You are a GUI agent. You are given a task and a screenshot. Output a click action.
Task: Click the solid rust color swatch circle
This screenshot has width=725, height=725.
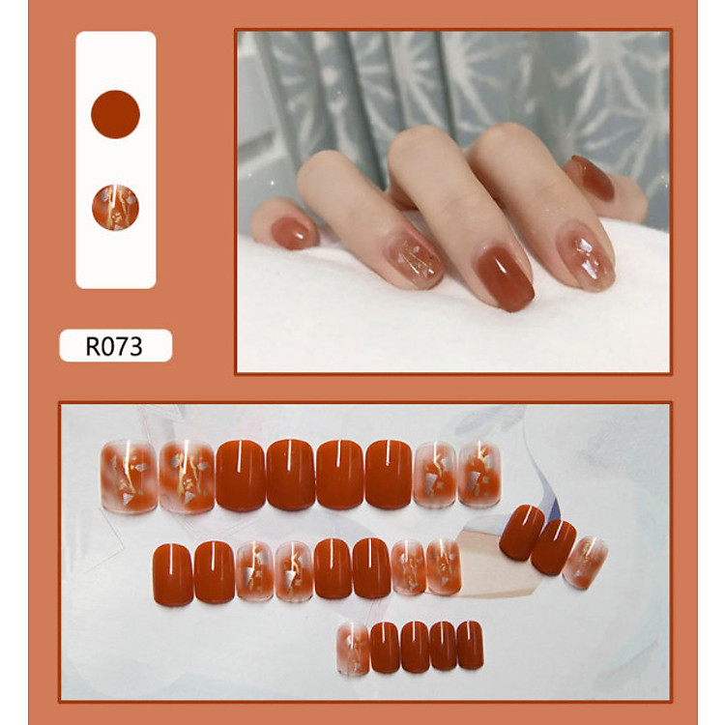(x=115, y=114)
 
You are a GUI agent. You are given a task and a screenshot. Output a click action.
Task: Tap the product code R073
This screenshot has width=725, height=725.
(x=115, y=346)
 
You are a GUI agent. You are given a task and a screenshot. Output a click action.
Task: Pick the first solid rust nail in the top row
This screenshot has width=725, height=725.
(x=240, y=474)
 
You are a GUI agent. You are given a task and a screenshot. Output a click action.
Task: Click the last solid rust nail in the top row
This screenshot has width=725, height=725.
(x=389, y=474)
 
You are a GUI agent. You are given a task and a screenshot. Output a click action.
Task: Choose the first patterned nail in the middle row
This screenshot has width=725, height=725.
(x=253, y=571)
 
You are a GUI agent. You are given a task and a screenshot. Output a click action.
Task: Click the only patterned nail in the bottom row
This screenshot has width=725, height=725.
(x=353, y=648)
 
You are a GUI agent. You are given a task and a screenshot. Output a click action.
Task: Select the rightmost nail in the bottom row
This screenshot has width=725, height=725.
(x=470, y=645)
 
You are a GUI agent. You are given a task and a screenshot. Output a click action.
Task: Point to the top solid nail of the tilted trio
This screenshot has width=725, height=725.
(x=522, y=532)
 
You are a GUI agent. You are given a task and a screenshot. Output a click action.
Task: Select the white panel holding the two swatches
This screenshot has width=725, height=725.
(x=116, y=159)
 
